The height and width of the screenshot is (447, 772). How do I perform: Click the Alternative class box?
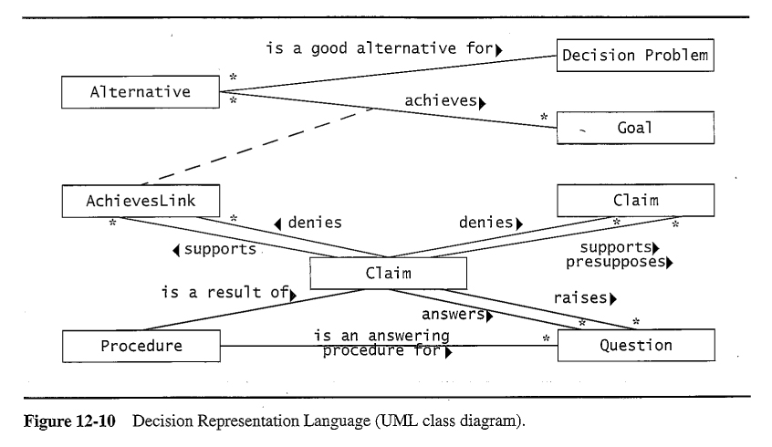pyautogui.click(x=141, y=91)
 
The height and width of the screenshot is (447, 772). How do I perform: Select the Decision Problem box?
pyautogui.click(x=634, y=56)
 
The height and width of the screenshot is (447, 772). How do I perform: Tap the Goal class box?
pyautogui.click(x=634, y=128)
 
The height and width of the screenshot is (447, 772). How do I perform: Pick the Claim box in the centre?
pyautogui.click(x=388, y=272)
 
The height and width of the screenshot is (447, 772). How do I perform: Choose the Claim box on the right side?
pyautogui.click(x=634, y=199)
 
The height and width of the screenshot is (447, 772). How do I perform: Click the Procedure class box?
pyautogui.click(x=141, y=346)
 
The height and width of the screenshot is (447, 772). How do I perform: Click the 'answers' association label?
pyautogui.click(x=457, y=315)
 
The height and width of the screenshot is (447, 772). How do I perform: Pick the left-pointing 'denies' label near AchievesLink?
pyautogui.click(x=310, y=222)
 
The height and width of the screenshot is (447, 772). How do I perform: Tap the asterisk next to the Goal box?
pyautogui.click(x=544, y=117)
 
